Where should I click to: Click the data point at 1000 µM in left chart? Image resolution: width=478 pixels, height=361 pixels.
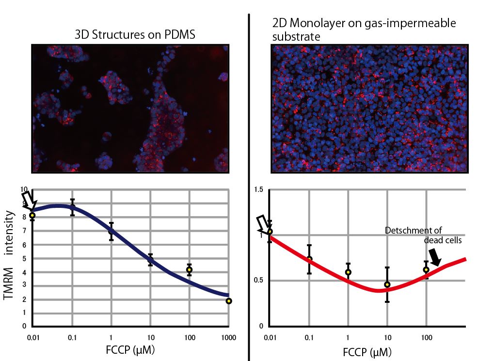coord(228,301)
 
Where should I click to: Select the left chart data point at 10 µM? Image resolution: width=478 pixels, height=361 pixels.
coord(150,260)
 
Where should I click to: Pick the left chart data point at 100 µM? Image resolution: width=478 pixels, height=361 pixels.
coord(190,269)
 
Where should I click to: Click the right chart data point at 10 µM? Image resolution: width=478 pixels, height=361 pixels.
coord(387,284)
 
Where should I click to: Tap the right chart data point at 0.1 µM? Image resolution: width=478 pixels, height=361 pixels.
coord(309,259)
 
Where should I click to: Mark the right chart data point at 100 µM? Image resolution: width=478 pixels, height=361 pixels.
coord(426,269)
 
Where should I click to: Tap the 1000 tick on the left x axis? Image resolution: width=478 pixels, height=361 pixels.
coord(228,337)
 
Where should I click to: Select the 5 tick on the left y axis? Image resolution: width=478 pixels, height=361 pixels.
coord(24,258)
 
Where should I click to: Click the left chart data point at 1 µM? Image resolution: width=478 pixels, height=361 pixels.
coord(112,231)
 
